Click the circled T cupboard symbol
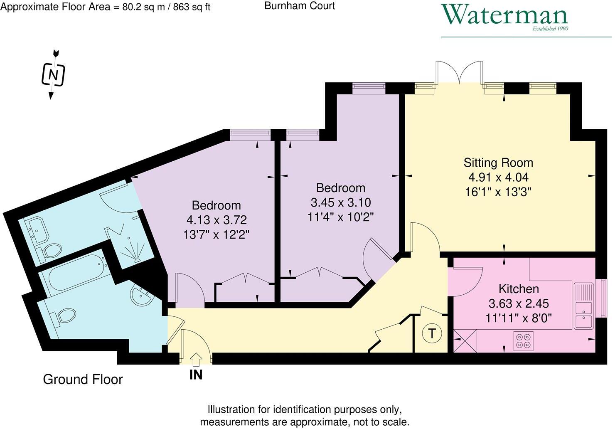click(432, 334)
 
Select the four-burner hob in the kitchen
click(523, 341)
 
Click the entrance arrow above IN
click(196, 360)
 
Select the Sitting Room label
click(498, 163)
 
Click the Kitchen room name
click(519, 288)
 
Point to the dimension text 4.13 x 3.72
click(216, 220)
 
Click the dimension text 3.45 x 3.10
click(341, 202)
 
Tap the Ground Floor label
click(83, 379)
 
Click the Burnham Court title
click(300, 6)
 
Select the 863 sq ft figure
click(192, 7)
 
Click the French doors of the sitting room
click(459, 71)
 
